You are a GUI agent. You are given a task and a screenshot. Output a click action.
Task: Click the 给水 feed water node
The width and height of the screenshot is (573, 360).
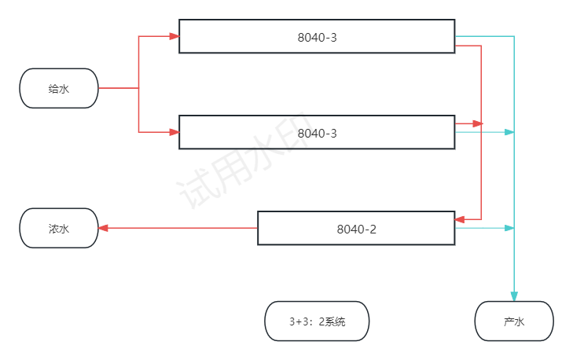tap(59, 88)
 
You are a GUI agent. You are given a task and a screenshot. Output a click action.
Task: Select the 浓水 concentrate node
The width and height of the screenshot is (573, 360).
tap(59, 228)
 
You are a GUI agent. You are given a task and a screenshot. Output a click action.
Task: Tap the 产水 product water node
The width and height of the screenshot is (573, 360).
tap(514, 321)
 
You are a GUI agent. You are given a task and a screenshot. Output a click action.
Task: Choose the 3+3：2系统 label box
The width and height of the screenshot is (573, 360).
tap(317, 321)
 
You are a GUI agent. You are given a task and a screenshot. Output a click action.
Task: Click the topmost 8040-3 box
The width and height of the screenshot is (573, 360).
tap(317, 36)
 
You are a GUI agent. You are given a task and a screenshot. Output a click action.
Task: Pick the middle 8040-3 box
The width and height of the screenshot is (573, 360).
tap(317, 132)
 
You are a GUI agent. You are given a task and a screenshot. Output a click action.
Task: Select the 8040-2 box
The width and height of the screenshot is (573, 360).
tap(356, 228)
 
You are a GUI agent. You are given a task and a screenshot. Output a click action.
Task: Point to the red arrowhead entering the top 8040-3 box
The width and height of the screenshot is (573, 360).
tap(174, 36)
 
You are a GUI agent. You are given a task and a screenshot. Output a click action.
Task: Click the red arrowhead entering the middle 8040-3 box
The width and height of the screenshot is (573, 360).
tap(174, 132)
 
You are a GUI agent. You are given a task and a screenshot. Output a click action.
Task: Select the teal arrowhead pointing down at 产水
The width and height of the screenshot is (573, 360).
tap(514, 296)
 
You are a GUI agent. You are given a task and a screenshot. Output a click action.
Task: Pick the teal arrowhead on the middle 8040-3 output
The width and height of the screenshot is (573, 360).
tap(509, 132)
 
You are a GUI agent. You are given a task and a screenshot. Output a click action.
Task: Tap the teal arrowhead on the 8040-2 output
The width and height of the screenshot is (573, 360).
tap(509, 228)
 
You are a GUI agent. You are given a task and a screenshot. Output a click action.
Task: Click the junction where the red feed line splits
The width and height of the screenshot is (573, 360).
tap(139, 88)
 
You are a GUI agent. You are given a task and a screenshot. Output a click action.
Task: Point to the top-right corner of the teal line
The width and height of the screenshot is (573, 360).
tap(514, 36)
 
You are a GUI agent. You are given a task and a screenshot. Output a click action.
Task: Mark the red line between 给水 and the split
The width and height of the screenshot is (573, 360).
tap(118, 88)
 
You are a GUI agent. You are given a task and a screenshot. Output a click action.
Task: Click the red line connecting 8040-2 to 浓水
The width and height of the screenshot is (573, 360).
tap(181, 228)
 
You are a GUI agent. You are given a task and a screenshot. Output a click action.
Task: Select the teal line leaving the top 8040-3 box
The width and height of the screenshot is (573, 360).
tap(483, 36)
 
